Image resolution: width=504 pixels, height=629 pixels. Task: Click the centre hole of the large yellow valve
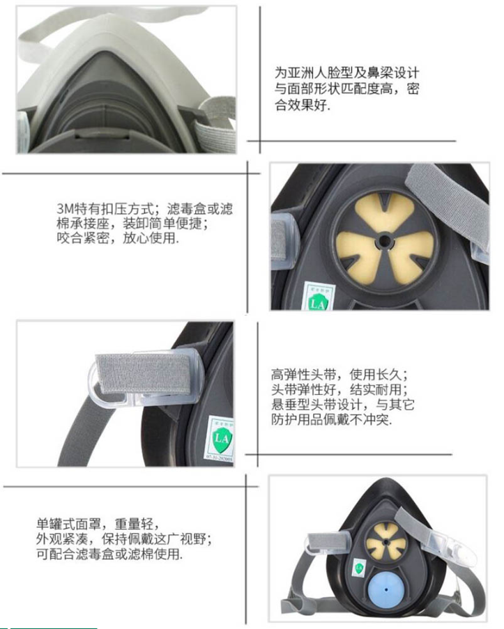384,242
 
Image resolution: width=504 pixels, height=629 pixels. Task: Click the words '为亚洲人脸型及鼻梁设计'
347,73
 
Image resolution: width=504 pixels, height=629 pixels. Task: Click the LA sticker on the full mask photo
358,568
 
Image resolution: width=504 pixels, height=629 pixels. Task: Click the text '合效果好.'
303,105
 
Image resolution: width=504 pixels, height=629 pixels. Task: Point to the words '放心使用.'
151,238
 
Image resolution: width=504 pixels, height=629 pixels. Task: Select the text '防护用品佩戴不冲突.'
331,419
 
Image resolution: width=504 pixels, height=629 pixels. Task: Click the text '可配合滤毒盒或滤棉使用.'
109,554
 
